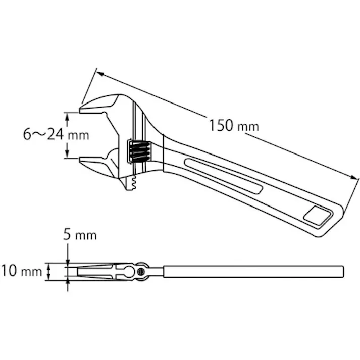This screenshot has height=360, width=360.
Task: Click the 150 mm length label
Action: click(233, 125)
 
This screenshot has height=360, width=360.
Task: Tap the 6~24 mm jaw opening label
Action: click(56, 134)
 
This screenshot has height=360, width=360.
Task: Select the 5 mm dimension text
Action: click(79, 235)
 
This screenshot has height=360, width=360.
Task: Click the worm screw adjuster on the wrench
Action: click(139, 150)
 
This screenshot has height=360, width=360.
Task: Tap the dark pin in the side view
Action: click(141, 272)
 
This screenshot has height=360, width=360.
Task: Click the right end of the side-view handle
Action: click(342, 271)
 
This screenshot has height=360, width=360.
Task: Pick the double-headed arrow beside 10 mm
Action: click(48, 271)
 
